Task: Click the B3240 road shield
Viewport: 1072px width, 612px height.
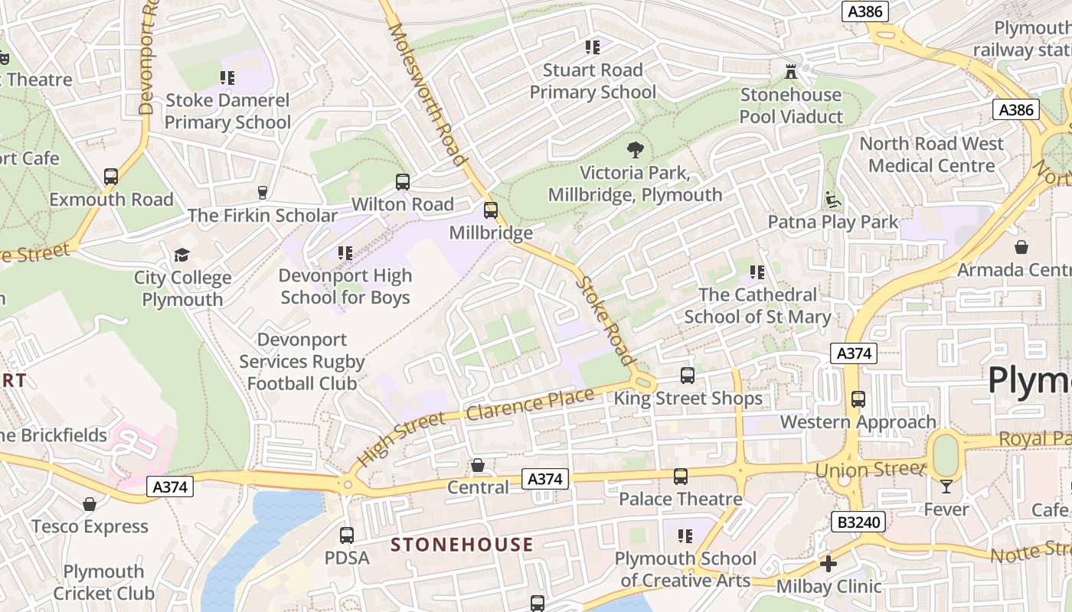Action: click(858, 522)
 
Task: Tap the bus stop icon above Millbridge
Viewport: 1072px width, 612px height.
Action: click(491, 210)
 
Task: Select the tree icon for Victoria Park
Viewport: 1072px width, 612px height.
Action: click(636, 150)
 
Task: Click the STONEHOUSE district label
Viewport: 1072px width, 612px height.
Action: click(462, 545)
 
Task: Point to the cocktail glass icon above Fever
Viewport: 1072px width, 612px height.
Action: click(946, 487)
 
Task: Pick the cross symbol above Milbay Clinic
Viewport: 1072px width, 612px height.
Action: click(829, 565)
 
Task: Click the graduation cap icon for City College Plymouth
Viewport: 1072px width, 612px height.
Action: click(182, 255)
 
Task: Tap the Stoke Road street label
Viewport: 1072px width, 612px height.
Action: click(606, 321)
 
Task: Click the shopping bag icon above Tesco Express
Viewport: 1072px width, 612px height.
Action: click(90, 504)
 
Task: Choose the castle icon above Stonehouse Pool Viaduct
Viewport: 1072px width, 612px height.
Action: click(791, 72)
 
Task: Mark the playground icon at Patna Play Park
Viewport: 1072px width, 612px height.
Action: click(833, 200)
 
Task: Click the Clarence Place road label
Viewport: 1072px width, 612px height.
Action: click(530, 405)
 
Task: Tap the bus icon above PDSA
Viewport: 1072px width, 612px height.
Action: click(347, 535)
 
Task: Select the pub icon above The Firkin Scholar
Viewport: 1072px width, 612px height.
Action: click(263, 192)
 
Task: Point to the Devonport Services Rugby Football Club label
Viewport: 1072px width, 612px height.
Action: click(302, 361)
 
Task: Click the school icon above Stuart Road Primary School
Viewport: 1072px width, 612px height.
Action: click(593, 47)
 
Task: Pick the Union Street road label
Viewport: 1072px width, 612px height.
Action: click(871, 468)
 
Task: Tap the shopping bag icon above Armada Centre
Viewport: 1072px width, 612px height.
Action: click(1021, 247)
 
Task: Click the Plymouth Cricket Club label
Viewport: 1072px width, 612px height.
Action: click(103, 582)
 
